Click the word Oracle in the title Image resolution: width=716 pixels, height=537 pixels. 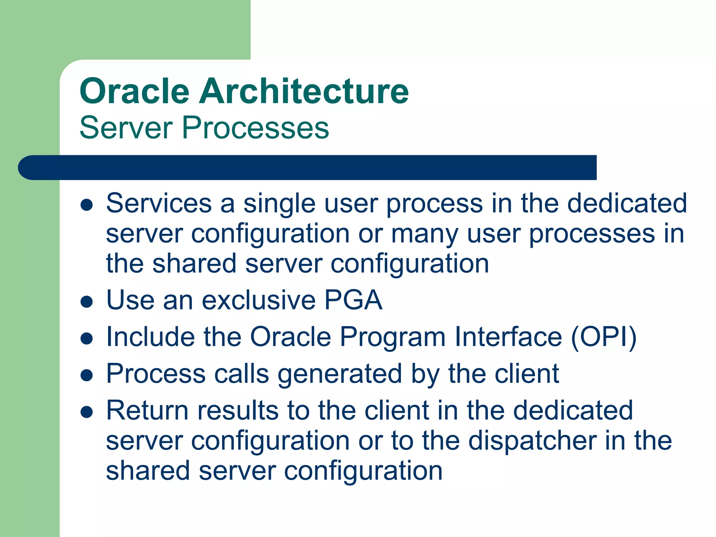(x=135, y=91)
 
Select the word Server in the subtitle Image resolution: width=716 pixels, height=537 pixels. (x=126, y=128)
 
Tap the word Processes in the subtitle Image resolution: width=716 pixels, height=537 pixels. (x=255, y=128)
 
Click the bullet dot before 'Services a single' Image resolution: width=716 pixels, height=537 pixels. (x=86, y=205)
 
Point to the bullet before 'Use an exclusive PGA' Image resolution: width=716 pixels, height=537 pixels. (x=86, y=302)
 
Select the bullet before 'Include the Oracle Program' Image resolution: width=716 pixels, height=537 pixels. (x=86, y=338)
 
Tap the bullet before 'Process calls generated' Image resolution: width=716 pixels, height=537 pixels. (x=86, y=375)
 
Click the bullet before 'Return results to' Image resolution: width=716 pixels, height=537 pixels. (x=86, y=412)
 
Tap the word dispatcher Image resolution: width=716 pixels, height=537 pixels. (x=532, y=441)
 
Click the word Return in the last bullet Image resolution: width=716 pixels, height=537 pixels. (x=147, y=410)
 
